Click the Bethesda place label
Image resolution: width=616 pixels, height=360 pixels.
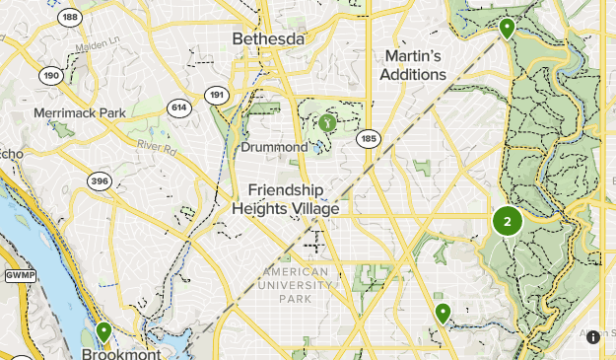pos(269,38)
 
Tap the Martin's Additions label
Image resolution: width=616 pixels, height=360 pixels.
pos(415,65)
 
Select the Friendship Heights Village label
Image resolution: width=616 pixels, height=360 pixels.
pos(286,199)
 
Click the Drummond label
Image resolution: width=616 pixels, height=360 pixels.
pos(274,147)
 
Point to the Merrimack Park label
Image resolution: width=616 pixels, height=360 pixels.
pos(80,113)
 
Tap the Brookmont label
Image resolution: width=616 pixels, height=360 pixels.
pos(120,353)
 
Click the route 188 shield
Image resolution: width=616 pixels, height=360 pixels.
pos(70,19)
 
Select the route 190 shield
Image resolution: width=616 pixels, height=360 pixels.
pos(50,75)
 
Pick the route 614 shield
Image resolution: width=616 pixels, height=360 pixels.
pos(178,107)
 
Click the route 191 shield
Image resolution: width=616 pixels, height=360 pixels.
pos(216,96)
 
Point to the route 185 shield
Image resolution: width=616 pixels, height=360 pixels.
pos(368,139)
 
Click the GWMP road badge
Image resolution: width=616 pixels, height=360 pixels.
pos(20,275)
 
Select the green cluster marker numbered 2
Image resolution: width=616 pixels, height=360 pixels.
pos(508,221)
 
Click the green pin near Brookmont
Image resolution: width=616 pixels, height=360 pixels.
pos(103,331)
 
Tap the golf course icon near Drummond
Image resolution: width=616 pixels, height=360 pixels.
pos(326,122)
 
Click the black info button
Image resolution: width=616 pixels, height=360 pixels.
pos(593,337)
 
